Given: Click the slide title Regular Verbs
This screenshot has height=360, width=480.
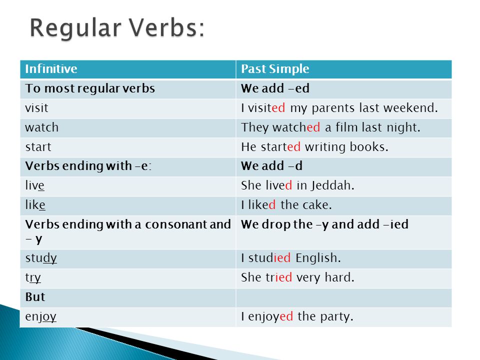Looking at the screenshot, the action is pos(117,28).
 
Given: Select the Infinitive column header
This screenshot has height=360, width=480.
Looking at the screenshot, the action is pos(51,68).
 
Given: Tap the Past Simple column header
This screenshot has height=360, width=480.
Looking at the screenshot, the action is pos(275,69).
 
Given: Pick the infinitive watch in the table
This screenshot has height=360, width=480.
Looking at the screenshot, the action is pos(41,127).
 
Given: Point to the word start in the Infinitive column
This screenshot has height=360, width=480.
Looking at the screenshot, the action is pos(38,147).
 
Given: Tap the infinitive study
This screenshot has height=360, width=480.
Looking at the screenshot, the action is pos(41,258).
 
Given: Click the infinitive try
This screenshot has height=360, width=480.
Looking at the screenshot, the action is pos(33,278).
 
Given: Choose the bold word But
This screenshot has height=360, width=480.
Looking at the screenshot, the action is pos(35,297).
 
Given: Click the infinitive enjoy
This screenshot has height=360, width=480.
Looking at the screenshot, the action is pos(40,316).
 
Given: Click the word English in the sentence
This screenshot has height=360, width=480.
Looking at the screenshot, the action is pos(318,258).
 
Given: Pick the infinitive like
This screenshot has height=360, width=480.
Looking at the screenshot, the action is pos(35,205).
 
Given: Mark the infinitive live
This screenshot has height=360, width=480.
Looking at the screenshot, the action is pos(34,185).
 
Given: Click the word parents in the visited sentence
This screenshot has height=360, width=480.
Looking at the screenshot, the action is pos(333,108).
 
